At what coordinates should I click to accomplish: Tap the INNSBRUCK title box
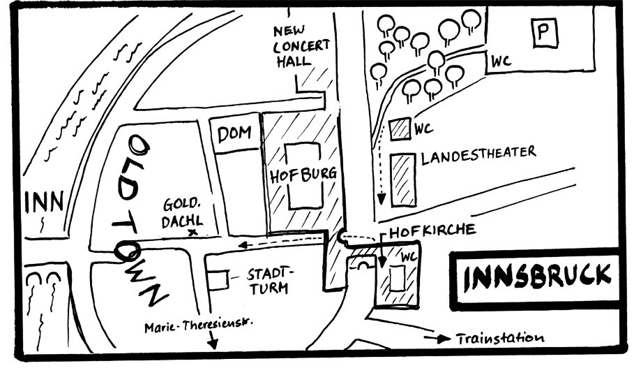536,278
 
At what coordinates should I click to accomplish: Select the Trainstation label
499,338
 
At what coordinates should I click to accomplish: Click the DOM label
234,135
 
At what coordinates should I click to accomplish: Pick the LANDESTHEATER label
478,153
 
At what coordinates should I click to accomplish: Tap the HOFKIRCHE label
432,230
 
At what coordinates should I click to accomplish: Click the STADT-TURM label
271,279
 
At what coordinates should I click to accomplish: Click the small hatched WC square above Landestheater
399,129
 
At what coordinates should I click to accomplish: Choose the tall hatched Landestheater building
403,179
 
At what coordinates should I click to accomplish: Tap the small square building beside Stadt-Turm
218,280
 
